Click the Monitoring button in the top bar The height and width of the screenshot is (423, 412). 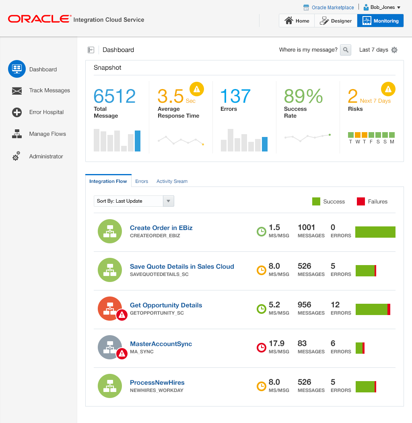[x=380, y=21]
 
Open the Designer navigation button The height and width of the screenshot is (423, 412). [x=336, y=21]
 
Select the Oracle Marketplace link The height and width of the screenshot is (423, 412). [x=333, y=7]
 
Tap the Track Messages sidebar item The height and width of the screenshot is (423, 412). [x=49, y=91]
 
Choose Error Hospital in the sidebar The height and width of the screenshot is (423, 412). [x=46, y=112]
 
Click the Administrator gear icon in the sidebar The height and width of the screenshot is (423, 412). [x=16, y=156]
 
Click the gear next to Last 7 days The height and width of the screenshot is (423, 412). [x=394, y=50]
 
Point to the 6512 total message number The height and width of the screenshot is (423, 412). [x=115, y=96]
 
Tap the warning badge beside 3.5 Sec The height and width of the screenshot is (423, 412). [x=197, y=89]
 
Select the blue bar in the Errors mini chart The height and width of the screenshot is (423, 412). [x=265, y=144]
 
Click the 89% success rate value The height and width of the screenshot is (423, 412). [x=303, y=96]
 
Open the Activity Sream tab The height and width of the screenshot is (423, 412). [x=172, y=181]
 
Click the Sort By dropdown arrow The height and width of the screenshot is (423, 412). [x=169, y=201]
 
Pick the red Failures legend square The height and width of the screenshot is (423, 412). [x=361, y=201]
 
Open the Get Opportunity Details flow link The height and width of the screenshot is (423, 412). [x=166, y=305]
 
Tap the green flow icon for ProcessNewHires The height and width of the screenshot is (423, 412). [x=110, y=386]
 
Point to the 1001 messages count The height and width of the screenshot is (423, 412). [x=307, y=228]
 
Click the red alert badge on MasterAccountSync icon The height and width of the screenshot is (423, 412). [x=122, y=354]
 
